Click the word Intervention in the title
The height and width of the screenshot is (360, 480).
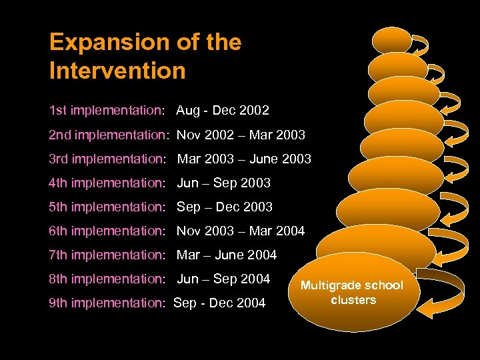117,70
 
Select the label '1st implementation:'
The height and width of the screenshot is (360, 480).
106,110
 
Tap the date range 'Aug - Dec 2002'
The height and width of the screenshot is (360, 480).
223,110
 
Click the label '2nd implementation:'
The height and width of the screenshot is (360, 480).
109,135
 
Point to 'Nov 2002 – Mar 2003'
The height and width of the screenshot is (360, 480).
241,135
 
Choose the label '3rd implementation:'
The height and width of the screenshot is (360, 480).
107,159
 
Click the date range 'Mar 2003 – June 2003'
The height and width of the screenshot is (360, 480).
243,159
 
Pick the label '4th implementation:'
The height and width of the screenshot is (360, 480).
107,183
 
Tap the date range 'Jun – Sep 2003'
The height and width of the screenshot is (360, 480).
223,183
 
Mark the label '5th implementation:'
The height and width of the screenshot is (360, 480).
107,207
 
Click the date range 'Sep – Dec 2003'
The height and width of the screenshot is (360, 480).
225,207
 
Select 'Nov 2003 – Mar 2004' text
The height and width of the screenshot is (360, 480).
241,231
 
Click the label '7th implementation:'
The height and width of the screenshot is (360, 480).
107,255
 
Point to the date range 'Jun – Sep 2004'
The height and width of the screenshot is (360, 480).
223,279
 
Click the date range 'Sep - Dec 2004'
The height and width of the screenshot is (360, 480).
219,303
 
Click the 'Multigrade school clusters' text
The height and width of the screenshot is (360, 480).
352,293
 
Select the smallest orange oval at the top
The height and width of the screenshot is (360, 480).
391,40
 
